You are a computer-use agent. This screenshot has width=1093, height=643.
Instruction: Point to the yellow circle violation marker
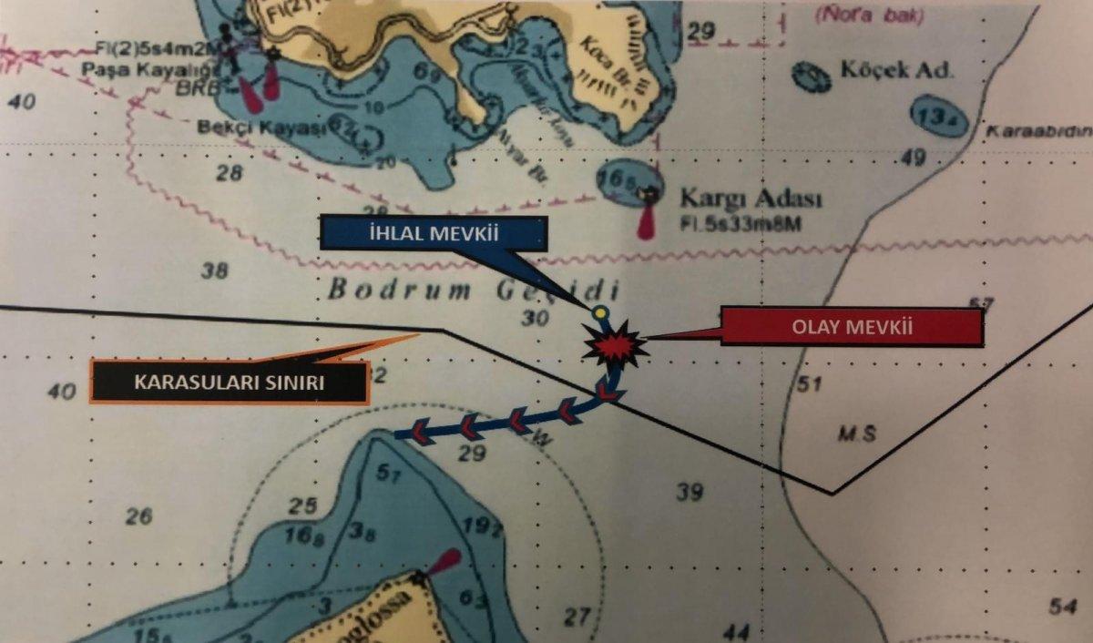click(599, 313)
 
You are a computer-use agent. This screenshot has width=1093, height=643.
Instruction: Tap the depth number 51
click(809, 384)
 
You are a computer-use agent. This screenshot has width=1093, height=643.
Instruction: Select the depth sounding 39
click(690, 493)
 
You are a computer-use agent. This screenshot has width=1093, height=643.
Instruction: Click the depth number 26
click(138, 516)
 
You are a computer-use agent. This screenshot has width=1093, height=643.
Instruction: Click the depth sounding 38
click(215, 270)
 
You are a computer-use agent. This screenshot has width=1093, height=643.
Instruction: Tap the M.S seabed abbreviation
click(856, 434)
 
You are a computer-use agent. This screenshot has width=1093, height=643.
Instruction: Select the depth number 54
click(1062, 606)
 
